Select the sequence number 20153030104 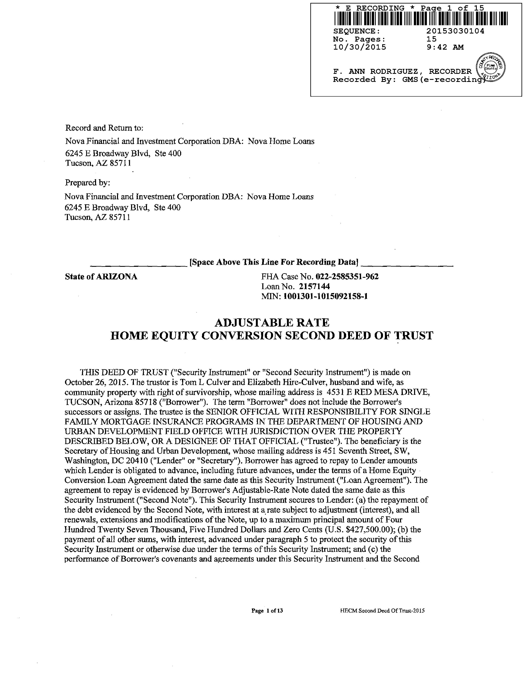pyautogui.click(x=455, y=31)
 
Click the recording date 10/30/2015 pyautogui.click(x=359, y=47)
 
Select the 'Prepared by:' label pyautogui.click(x=88, y=183)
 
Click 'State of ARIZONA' pyautogui.click(x=101, y=277)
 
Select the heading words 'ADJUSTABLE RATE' pyautogui.click(x=272, y=322)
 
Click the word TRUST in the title pyautogui.click(x=414, y=336)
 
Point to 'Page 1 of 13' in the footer pyautogui.click(x=267, y=611)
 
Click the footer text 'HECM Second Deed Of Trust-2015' pyautogui.click(x=382, y=611)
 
